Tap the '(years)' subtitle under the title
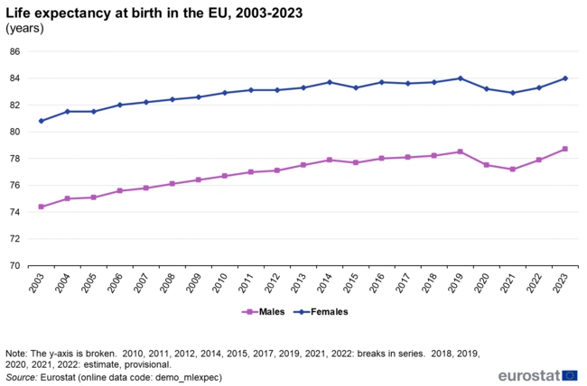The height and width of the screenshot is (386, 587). click(x=24, y=28)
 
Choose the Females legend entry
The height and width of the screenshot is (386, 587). click(x=329, y=311)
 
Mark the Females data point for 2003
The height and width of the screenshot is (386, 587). click(x=41, y=121)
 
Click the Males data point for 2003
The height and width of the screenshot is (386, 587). click(x=41, y=207)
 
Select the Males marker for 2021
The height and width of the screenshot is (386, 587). click(x=512, y=170)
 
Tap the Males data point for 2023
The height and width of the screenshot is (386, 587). click(x=564, y=149)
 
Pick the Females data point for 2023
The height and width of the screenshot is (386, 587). click(x=564, y=78)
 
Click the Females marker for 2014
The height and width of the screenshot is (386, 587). click(x=329, y=82)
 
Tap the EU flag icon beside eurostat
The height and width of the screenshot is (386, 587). click(x=569, y=374)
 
